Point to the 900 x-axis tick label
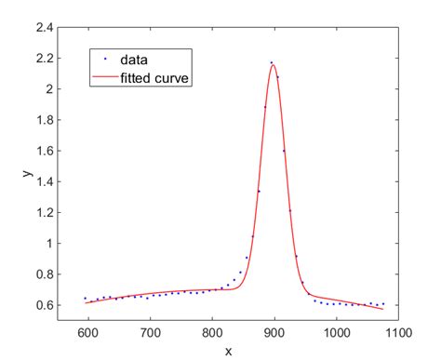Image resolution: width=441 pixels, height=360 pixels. tap(274, 331)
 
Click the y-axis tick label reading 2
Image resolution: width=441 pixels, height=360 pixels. tap(47, 89)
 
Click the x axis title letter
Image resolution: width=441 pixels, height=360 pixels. tap(228, 350)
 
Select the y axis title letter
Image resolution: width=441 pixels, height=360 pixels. tap(26, 173)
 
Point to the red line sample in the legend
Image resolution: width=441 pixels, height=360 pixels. tap(105, 78)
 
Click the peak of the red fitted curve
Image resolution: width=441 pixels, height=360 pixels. tap(274, 65)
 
